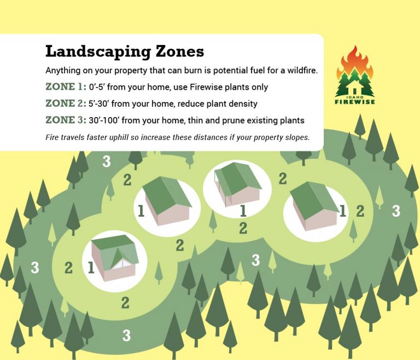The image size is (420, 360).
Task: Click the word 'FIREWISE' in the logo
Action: point(355,101)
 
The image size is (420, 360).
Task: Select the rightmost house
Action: point(314,205)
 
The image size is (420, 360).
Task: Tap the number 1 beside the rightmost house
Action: point(343,211)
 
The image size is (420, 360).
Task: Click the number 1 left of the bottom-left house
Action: point(91,268)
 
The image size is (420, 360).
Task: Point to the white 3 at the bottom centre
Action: point(127,335)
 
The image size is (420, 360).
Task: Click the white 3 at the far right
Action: point(396,210)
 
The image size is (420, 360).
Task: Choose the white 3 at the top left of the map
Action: point(107,161)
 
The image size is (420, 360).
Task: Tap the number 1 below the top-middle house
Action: point(242,211)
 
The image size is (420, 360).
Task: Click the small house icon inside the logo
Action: point(355,89)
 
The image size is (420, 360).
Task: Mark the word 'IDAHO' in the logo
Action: point(355,96)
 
